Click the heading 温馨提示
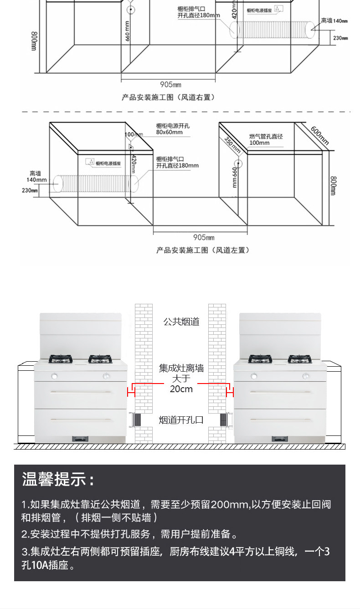[58, 480]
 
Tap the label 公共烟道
[181, 322]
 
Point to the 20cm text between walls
[181, 389]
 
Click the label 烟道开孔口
[181, 420]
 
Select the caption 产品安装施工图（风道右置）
[168, 97]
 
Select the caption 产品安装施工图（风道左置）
[203, 250]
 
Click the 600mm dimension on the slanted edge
[319, 135]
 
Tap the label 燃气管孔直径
[266, 136]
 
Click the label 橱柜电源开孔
[172, 126]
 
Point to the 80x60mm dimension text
[169, 133]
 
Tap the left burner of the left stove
[61, 359]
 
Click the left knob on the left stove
[54, 376]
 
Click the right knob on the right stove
[306, 376]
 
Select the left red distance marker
[131, 390]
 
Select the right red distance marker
[231, 390]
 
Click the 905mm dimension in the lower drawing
[204, 237]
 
